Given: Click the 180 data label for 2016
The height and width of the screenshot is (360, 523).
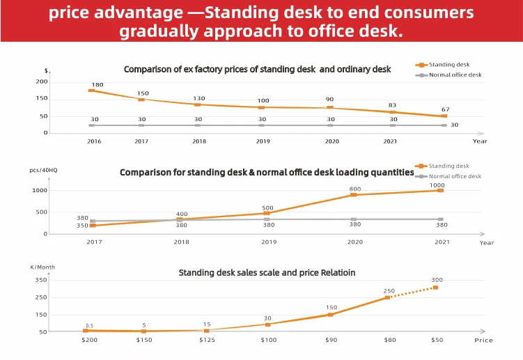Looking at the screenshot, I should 97,85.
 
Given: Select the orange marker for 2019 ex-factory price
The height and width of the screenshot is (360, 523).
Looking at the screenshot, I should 261,107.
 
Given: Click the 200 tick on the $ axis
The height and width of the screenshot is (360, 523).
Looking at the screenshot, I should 42,81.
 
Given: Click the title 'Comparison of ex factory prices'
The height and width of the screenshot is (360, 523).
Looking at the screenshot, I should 257,69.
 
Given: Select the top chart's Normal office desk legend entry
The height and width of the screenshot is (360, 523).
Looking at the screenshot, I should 454,75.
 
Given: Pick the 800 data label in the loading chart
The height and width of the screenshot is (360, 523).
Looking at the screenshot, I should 354,189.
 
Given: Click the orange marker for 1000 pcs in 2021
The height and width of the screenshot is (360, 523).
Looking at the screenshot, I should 440,190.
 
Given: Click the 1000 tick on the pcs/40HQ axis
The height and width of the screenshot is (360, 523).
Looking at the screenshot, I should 39,190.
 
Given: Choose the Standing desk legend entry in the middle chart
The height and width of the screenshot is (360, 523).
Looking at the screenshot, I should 448,166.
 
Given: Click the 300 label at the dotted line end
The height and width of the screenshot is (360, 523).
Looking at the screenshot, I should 437,280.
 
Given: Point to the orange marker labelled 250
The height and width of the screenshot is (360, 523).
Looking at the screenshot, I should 388,297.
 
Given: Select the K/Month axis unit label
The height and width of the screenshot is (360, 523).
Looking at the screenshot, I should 42,267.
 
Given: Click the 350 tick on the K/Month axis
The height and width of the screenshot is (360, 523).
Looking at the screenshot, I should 40,280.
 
